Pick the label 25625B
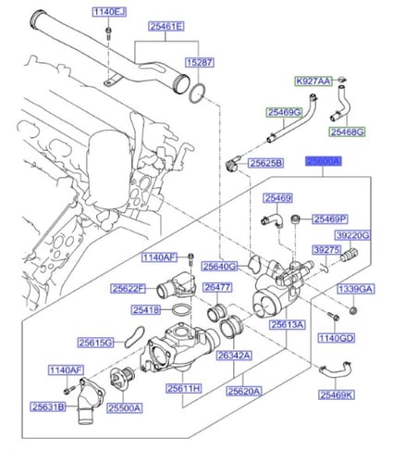pyautogui.click(x=265, y=164)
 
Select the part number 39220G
pyautogui.click(x=350, y=236)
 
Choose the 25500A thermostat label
pyautogui.click(x=124, y=407)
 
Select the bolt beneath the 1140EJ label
pyautogui.click(x=108, y=33)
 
